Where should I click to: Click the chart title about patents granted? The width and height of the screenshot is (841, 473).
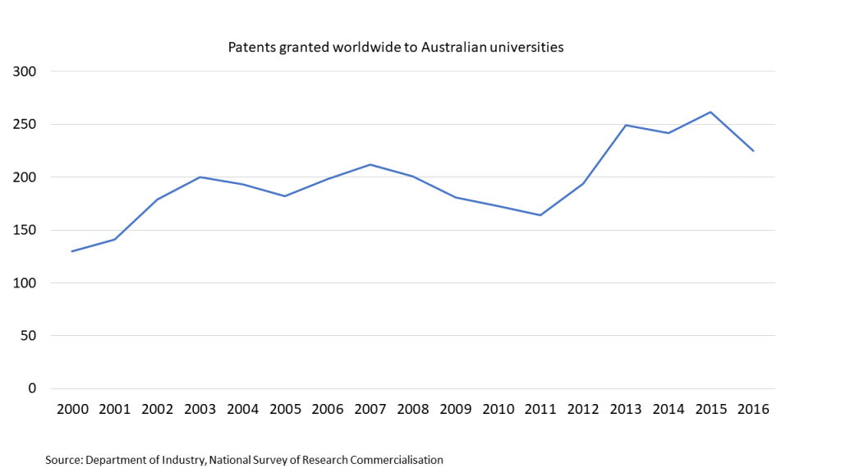pyautogui.click(x=395, y=47)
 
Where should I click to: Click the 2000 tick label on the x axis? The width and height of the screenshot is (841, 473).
pyautogui.click(x=72, y=409)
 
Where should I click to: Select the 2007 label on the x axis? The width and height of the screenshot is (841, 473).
pyautogui.click(x=370, y=409)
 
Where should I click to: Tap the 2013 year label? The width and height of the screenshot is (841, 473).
pyautogui.click(x=626, y=409)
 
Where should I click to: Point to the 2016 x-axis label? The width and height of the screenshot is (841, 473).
pyautogui.click(x=753, y=409)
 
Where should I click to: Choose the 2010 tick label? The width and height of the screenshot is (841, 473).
pyautogui.click(x=499, y=409)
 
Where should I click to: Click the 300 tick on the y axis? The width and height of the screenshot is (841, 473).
pyautogui.click(x=27, y=71)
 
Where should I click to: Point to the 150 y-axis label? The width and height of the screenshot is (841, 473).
pyautogui.click(x=27, y=230)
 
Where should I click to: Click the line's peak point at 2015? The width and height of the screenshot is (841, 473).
pyautogui.click(x=710, y=112)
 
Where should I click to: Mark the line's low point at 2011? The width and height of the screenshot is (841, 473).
pyautogui.click(x=540, y=215)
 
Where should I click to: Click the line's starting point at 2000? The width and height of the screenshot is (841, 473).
pyautogui.click(x=72, y=251)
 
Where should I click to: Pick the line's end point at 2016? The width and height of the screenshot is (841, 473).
pyautogui.click(x=753, y=150)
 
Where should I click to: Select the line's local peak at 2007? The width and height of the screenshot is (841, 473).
pyautogui.click(x=370, y=164)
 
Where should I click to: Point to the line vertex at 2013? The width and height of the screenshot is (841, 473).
pyautogui.click(x=626, y=125)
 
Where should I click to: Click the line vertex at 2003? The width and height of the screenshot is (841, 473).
pyautogui.click(x=200, y=177)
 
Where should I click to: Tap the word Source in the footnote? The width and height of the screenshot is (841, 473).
pyautogui.click(x=63, y=460)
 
